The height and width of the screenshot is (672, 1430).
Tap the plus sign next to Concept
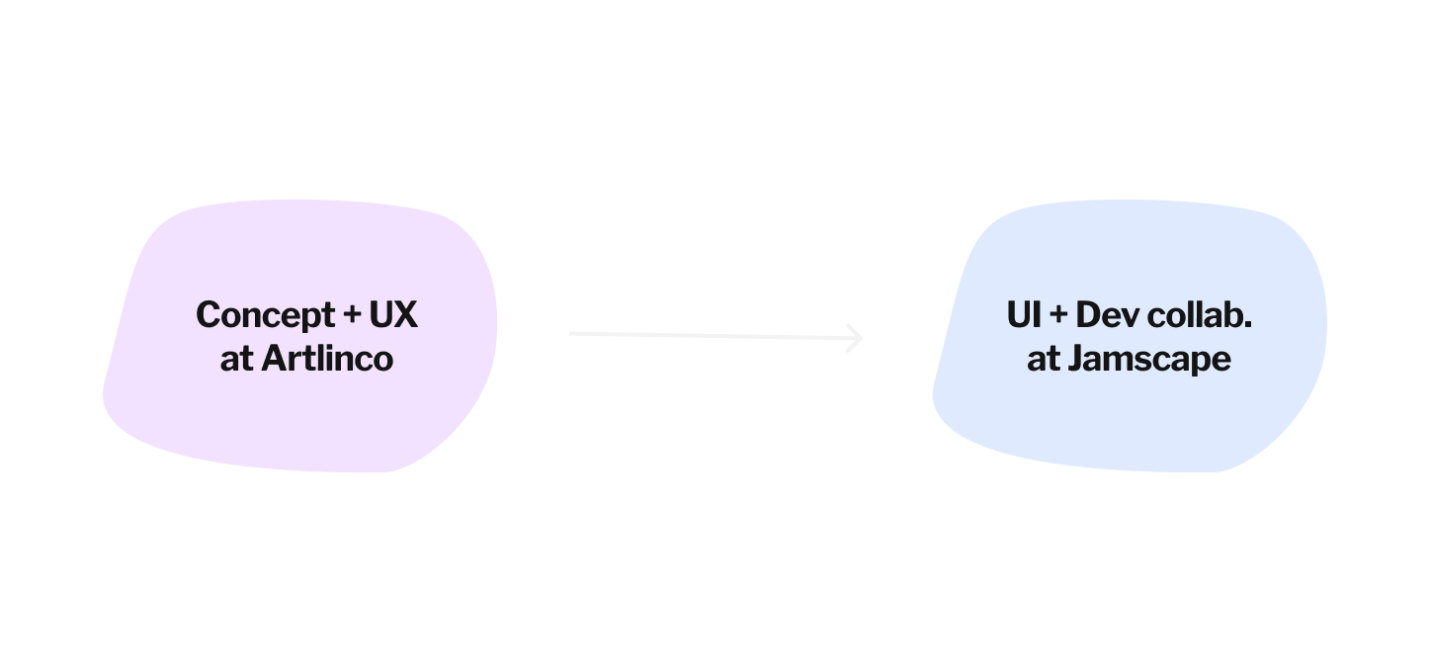(x=351, y=315)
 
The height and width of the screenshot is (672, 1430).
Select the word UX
(x=393, y=315)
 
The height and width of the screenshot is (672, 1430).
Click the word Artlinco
(x=327, y=358)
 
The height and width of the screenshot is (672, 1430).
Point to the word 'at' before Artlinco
(x=237, y=358)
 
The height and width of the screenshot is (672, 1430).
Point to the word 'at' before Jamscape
(x=1044, y=358)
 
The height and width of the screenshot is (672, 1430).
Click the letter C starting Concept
(x=208, y=315)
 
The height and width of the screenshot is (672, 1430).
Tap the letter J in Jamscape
(x=1075, y=358)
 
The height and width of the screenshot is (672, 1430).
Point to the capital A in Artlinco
(x=273, y=358)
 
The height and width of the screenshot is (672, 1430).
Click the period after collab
(x=1248, y=325)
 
